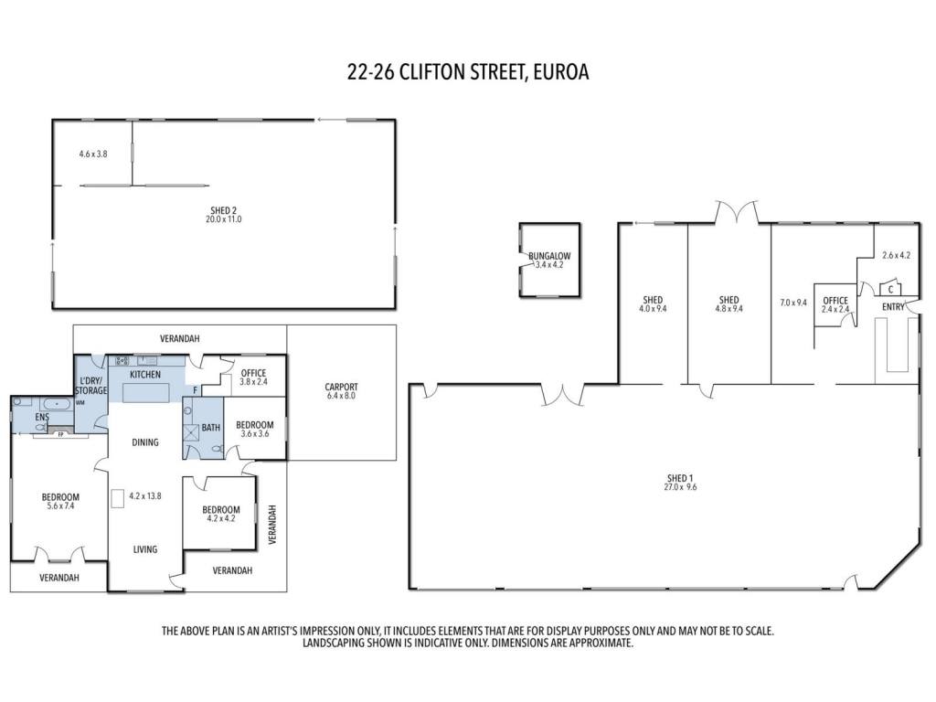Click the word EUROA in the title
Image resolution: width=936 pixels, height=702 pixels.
(x=561, y=71)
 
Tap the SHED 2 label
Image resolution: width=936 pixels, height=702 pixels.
(x=224, y=210)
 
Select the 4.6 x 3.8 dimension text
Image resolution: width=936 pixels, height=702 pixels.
(x=93, y=154)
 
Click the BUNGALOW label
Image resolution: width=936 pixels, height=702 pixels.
(x=549, y=256)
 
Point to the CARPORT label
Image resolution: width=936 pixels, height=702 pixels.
(x=341, y=387)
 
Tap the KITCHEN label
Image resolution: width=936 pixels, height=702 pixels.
(x=145, y=375)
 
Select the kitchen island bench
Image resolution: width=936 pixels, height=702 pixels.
(x=145, y=393)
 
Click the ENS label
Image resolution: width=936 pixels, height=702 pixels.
(x=42, y=417)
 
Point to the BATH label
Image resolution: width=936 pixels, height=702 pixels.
(x=211, y=428)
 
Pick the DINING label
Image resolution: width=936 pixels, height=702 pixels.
(x=145, y=442)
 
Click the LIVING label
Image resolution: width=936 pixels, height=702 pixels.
(x=145, y=549)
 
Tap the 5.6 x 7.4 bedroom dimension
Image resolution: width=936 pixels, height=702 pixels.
(x=60, y=506)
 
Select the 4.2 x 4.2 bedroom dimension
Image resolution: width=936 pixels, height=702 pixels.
(x=221, y=519)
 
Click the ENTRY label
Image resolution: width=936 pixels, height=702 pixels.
(x=893, y=307)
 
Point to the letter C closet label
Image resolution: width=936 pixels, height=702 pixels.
(x=890, y=290)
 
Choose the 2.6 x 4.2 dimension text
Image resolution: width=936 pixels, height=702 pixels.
(x=896, y=256)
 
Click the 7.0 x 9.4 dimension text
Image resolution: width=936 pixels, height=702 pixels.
(x=792, y=303)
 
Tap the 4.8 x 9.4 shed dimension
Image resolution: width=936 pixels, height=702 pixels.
(x=729, y=309)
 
